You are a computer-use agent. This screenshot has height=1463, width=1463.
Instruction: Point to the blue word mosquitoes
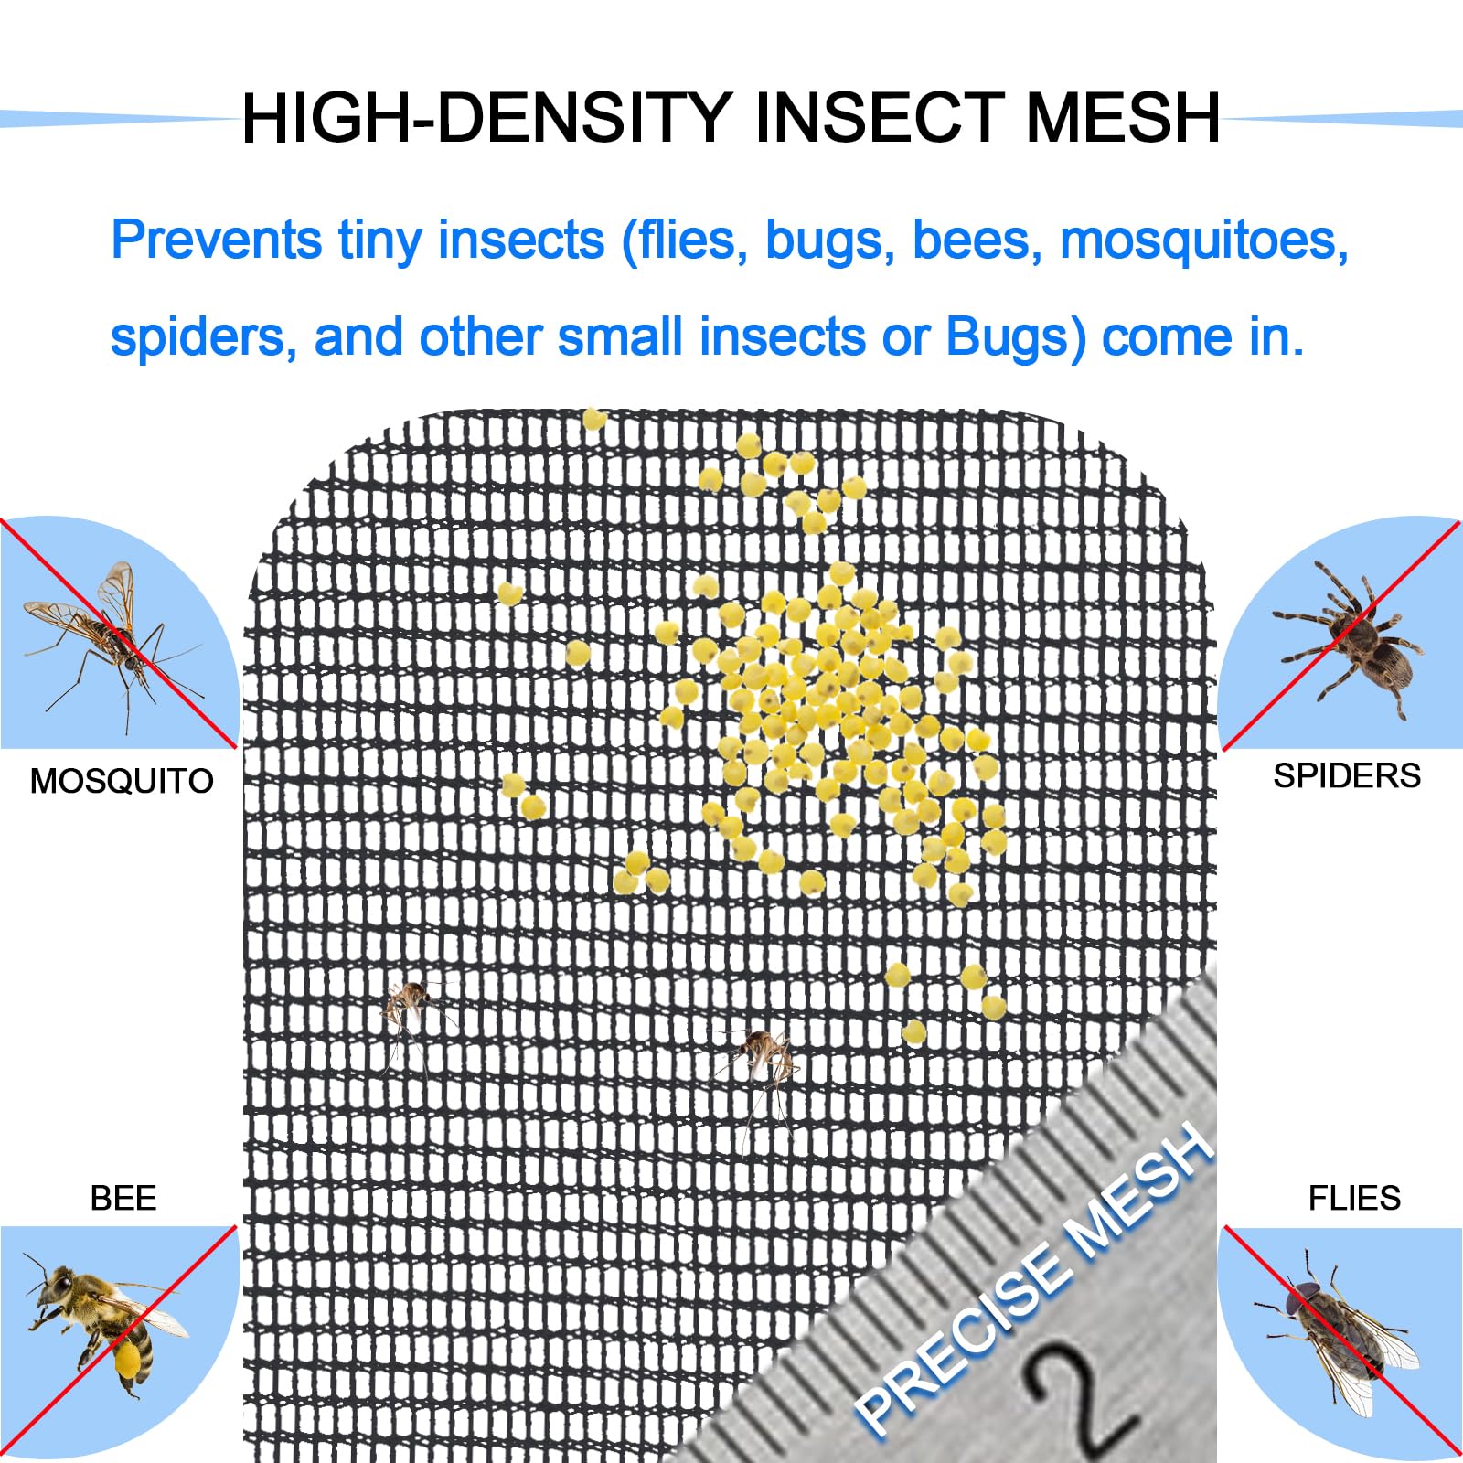pyautogui.click(x=1204, y=241)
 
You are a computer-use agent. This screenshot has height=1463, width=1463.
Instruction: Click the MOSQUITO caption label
pyautogui.click(x=122, y=781)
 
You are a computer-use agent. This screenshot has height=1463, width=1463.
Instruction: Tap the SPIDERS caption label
pyautogui.click(x=1347, y=775)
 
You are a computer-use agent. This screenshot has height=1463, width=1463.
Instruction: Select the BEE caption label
pyautogui.click(x=123, y=1198)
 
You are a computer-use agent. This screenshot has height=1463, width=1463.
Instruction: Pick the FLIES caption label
pyautogui.click(x=1354, y=1198)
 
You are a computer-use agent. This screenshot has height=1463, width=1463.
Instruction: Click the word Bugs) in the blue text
pyautogui.click(x=1016, y=338)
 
